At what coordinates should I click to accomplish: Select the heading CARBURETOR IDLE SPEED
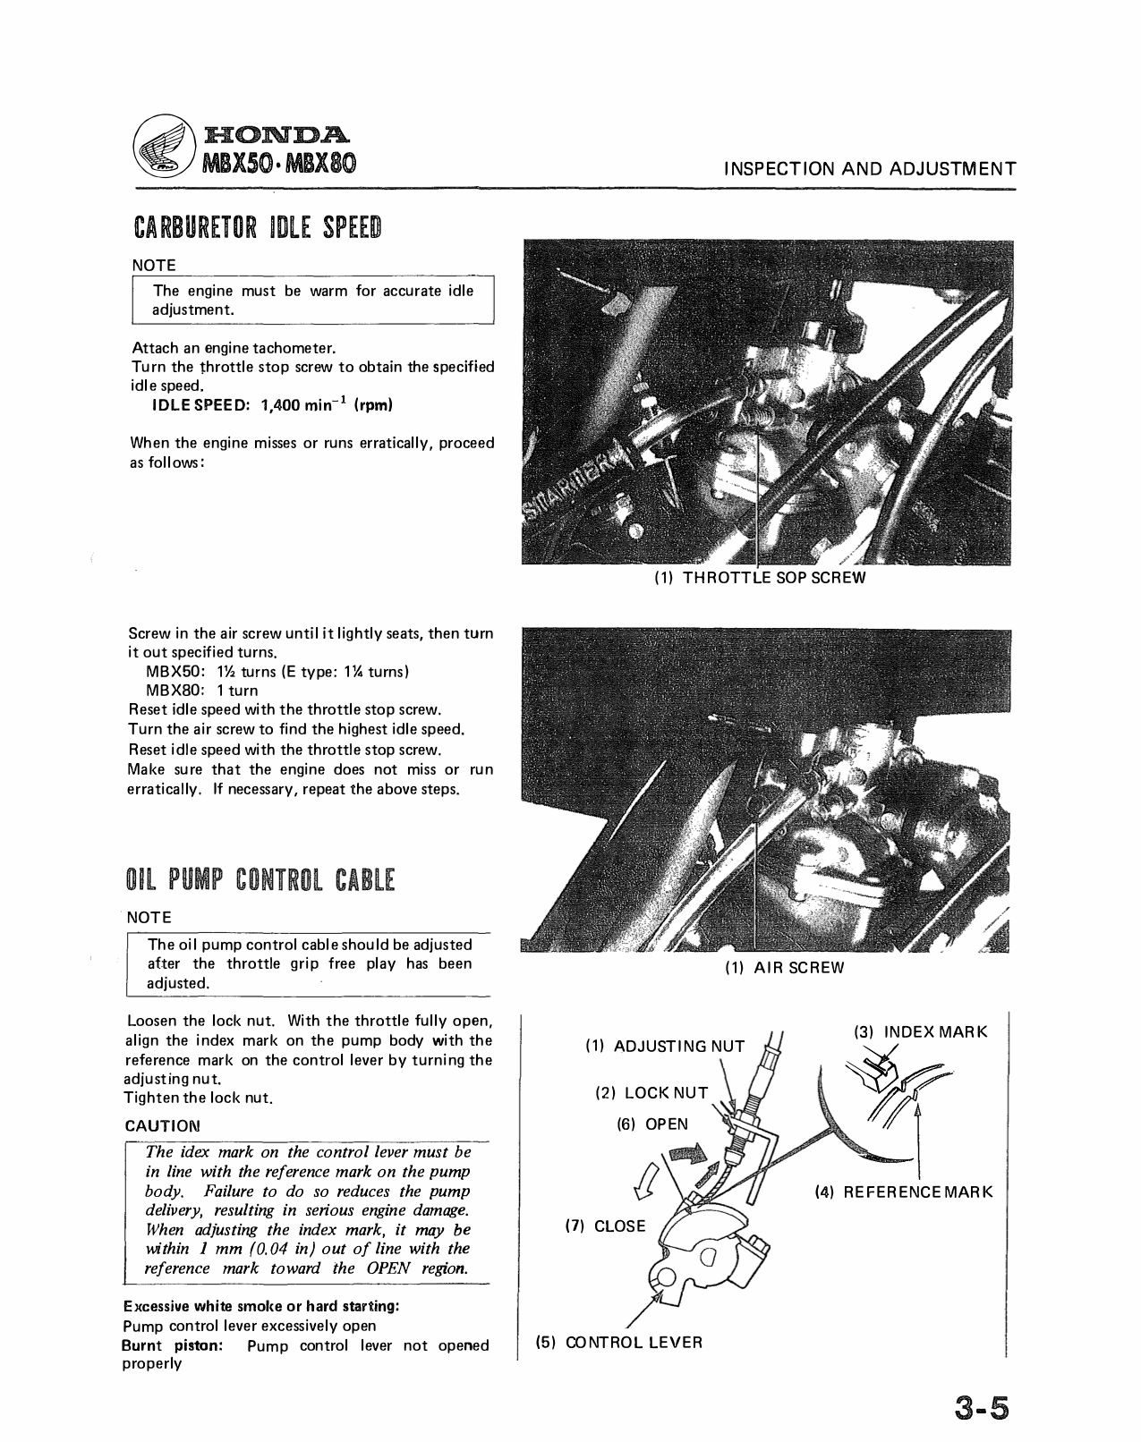coord(257,229)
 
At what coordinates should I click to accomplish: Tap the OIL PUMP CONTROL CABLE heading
coord(260,881)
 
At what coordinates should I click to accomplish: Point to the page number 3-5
coord(979,1407)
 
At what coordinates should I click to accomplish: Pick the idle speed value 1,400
coord(281,405)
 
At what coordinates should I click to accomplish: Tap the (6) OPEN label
coord(652,1124)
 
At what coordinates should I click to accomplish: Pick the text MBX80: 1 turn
coord(201,691)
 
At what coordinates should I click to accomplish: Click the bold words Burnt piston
coord(172,1345)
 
